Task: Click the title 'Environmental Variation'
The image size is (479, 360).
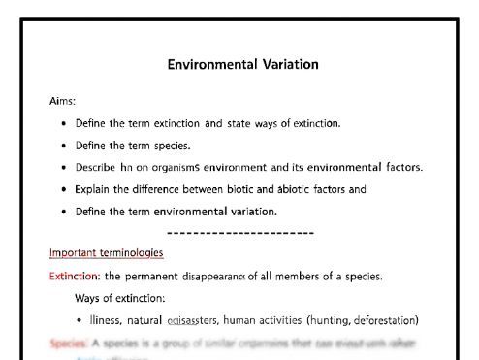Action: coord(241,65)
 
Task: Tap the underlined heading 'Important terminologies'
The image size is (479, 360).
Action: coord(107,253)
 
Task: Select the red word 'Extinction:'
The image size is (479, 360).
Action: coord(75,277)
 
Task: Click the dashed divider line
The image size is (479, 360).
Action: coord(240,233)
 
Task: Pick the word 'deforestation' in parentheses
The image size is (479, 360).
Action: coord(380,319)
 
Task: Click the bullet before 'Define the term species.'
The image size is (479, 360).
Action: coord(64,146)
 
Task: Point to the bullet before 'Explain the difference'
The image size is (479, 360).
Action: coord(64,189)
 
